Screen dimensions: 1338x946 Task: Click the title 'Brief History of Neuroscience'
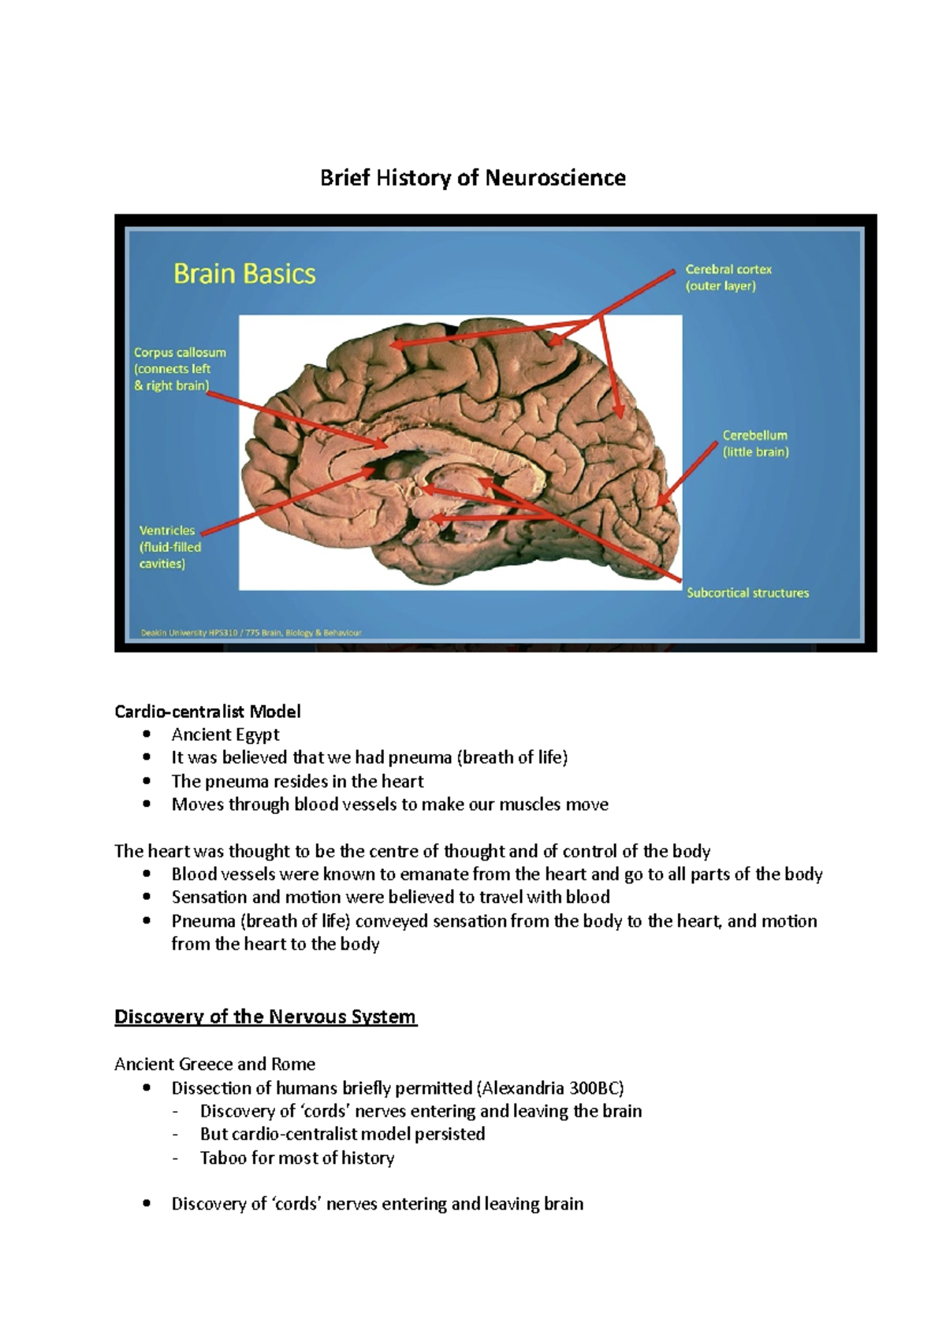tap(472, 178)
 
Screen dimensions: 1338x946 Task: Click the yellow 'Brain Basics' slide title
tap(244, 274)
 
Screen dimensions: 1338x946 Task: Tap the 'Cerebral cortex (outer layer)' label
tap(728, 277)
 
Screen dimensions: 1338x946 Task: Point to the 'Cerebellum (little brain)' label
tap(755, 444)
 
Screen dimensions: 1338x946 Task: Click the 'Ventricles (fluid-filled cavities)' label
tap(169, 547)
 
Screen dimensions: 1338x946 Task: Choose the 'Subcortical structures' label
tap(747, 593)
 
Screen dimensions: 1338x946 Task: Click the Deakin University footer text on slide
tap(251, 632)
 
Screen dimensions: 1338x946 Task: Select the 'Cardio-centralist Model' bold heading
tap(207, 712)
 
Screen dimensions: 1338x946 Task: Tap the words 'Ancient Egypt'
tap(225, 734)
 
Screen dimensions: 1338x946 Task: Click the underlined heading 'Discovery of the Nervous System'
tap(265, 1017)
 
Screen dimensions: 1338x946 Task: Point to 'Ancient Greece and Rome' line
tap(214, 1064)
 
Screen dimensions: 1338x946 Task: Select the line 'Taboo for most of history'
tap(296, 1158)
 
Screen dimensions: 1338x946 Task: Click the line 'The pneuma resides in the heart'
tap(297, 781)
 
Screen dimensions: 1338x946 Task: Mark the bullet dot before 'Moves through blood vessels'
tap(147, 805)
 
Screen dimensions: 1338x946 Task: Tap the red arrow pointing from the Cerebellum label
tap(687, 474)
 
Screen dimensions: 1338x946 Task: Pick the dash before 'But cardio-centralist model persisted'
tap(175, 1135)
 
